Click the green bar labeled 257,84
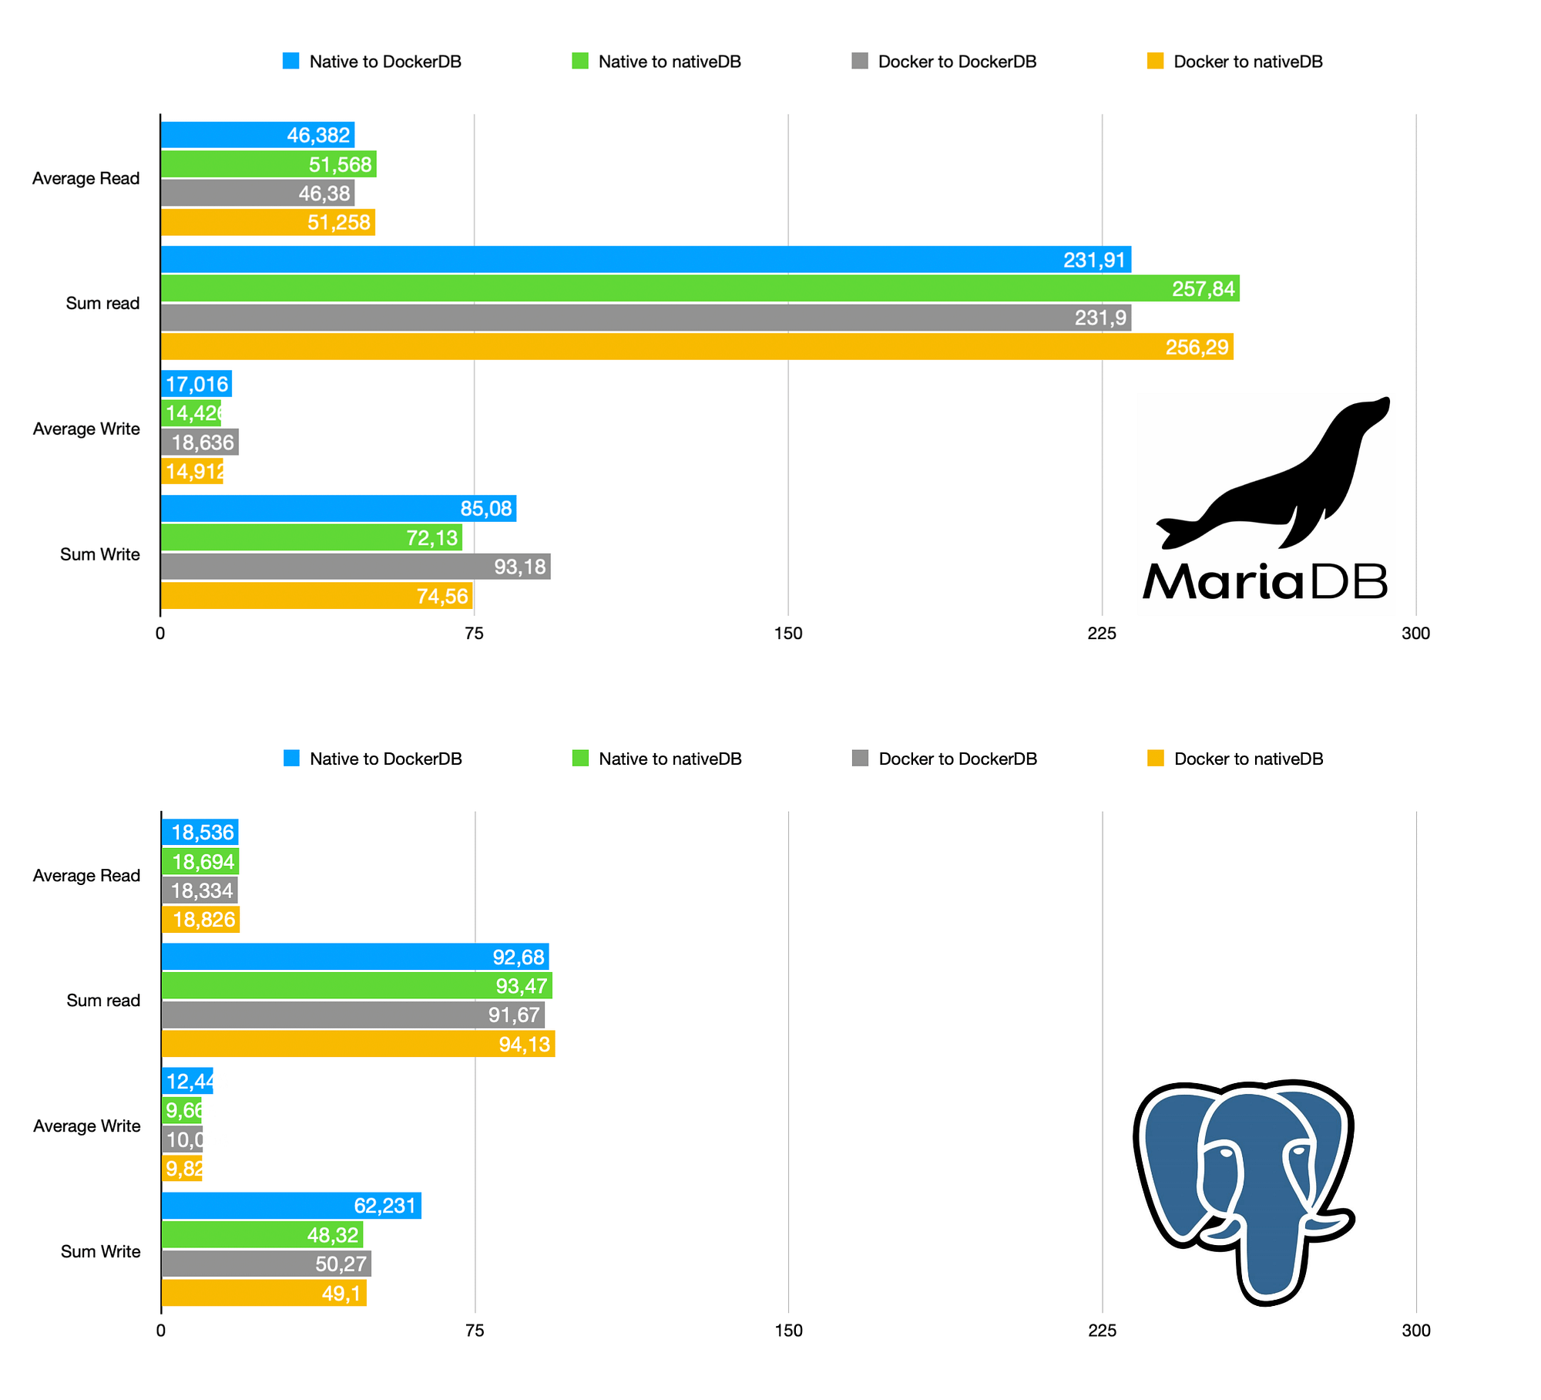pos(700,288)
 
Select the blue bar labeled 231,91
pos(646,260)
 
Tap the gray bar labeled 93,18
pos(355,567)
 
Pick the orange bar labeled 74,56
pos(316,596)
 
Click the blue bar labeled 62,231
pos(291,1206)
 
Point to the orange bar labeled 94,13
pos(358,1044)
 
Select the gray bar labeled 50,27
pos(267,1264)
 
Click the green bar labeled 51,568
pos(268,164)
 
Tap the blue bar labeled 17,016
pos(196,384)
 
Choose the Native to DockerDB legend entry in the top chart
pos(372,62)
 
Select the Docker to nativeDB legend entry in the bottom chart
pos(1235,759)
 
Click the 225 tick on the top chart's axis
pos(1102,634)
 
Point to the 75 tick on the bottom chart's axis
pos(475,1331)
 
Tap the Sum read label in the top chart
pos(102,303)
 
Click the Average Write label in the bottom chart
pos(86,1126)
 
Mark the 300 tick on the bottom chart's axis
pos(1416,1331)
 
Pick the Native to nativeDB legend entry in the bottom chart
pos(657,759)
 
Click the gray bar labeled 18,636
pos(200,443)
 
